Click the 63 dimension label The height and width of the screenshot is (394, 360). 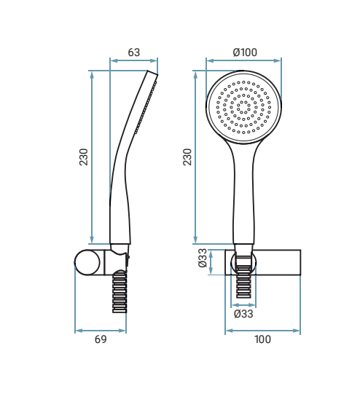click(x=134, y=52)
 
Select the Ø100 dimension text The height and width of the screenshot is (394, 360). click(x=245, y=52)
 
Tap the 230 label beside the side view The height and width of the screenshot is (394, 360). click(x=84, y=157)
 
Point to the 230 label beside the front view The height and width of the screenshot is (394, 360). click(x=187, y=157)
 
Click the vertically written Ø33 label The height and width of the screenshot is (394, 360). click(x=203, y=258)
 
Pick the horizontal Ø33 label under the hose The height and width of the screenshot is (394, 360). click(x=243, y=314)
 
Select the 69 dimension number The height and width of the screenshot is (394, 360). click(x=101, y=339)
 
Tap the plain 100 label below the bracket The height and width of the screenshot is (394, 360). click(x=262, y=339)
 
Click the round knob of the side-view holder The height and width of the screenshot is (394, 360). click(x=87, y=262)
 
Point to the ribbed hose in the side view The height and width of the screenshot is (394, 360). click(x=120, y=292)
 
